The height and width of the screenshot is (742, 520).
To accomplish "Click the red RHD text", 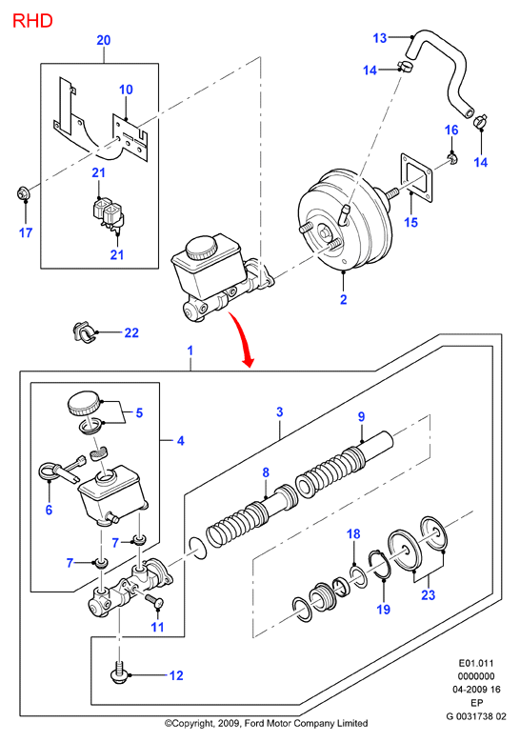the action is (32, 21).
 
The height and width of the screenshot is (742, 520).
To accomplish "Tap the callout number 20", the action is (104, 40).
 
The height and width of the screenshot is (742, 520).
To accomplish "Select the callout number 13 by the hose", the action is (380, 38).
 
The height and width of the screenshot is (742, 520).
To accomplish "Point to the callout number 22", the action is (131, 332).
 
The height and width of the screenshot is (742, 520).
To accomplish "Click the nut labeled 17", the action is (22, 193).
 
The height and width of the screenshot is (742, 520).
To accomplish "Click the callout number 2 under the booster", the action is (344, 299).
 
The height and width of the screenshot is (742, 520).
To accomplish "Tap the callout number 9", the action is (362, 416).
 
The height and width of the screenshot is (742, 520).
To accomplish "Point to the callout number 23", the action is (429, 594).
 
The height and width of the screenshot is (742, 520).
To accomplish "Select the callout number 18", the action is (353, 533).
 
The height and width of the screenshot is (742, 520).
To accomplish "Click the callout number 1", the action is (190, 351).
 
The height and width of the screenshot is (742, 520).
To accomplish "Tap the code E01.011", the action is (476, 663).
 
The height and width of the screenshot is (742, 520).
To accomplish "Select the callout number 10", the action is (126, 90).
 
